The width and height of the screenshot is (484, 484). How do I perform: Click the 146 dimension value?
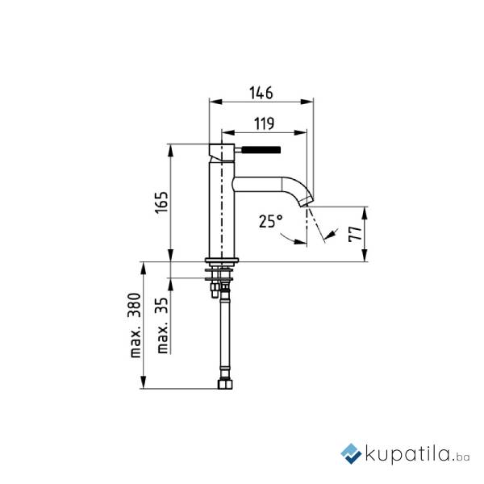261,93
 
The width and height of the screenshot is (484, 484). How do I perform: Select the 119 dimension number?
265,123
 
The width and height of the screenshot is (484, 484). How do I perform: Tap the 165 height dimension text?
161,202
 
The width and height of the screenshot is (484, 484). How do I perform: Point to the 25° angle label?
270,221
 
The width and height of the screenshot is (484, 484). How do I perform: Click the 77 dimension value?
355,234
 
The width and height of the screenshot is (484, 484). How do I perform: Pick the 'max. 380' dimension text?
135,326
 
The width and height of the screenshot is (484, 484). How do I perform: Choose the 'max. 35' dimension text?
162,325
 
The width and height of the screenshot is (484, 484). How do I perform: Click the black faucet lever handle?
261,150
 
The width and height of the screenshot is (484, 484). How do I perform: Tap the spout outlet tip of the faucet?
306,202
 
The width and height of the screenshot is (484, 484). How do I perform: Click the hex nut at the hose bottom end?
225,384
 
